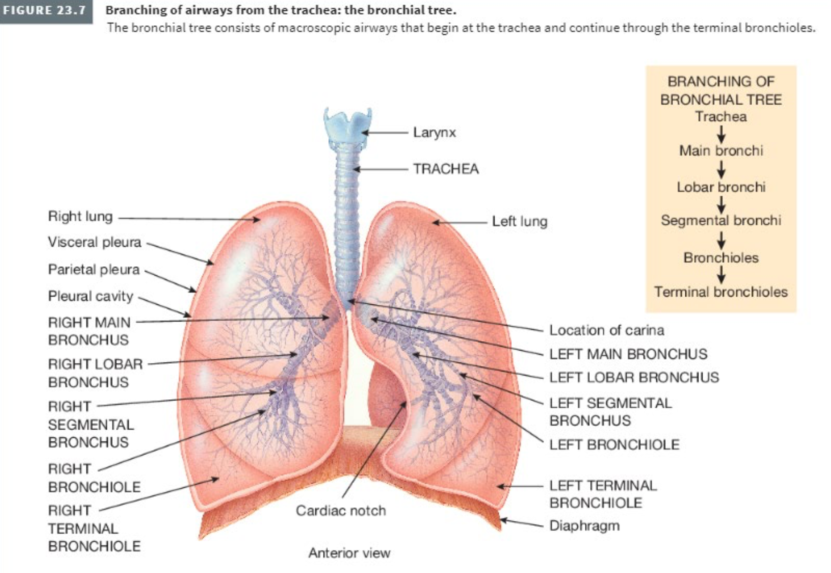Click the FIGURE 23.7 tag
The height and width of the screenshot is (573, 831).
pos(46,11)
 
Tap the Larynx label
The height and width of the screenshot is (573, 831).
pos(434,133)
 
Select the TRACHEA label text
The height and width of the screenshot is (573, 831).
pos(445,169)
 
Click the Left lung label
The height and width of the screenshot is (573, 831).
pos(519,221)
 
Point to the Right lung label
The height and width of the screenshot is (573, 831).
pos(80,217)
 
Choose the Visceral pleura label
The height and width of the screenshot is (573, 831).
pos(94,242)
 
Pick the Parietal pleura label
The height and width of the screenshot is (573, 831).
pos(94,269)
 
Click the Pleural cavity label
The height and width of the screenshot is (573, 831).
pos(90,296)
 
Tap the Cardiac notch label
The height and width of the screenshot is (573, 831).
pos(341,510)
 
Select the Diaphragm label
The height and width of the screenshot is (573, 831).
pos(584,526)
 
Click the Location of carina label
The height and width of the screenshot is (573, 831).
pos(607,330)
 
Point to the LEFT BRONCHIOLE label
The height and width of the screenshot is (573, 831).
pos(614,444)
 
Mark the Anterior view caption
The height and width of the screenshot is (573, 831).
pos(349,553)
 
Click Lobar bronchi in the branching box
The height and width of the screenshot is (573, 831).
pos(721,187)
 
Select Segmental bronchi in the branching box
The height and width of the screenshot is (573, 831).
pos(721,220)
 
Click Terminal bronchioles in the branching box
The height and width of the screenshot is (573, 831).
pos(721,292)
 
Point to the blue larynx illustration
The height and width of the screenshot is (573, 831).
pos(348,125)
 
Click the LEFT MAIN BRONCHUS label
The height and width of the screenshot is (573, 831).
pos(628,354)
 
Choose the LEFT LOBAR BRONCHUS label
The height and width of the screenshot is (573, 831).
pos(634,377)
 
